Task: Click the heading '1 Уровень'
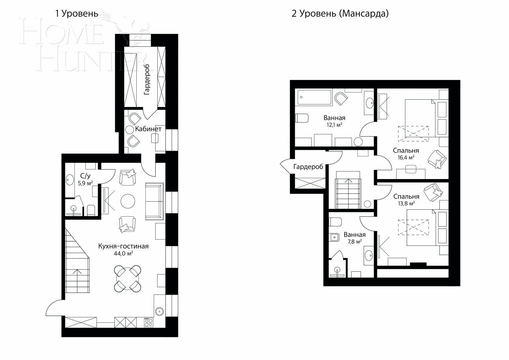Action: (x=77, y=14)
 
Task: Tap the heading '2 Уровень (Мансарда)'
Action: (x=340, y=14)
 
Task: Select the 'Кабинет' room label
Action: (x=148, y=129)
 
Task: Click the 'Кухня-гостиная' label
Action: (x=123, y=246)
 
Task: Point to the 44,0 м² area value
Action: (x=123, y=253)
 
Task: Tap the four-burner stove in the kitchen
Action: (x=148, y=322)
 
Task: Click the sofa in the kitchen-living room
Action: (x=154, y=201)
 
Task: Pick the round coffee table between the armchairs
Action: (x=128, y=201)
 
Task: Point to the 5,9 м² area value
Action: (x=85, y=183)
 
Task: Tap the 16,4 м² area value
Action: (x=406, y=157)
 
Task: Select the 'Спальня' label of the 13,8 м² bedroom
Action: (x=406, y=196)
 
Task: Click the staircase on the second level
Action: (x=348, y=190)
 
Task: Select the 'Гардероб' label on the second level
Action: (x=308, y=167)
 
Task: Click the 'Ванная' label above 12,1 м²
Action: (x=334, y=118)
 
